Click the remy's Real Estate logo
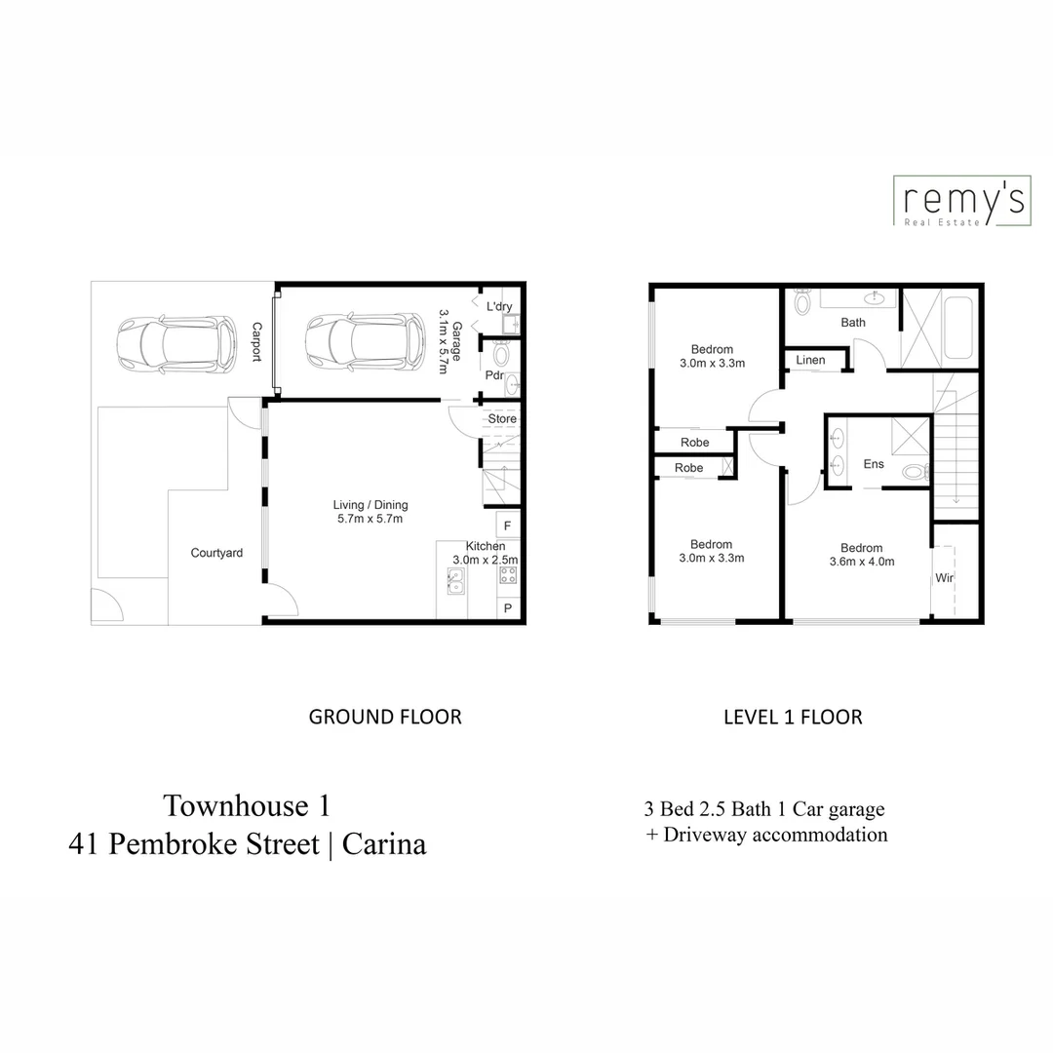[960, 203]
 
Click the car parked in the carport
[176, 342]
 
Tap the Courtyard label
[216, 553]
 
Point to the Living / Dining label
[370, 505]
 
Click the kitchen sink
[455, 582]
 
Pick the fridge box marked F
[508, 526]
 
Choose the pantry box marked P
[508, 608]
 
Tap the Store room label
[502, 419]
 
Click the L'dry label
[499, 307]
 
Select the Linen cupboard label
[810, 360]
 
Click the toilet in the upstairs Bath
[802, 303]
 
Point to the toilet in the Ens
[914, 473]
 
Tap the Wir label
[944, 578]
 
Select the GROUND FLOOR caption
[385, 717]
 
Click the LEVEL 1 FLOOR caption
[793, 717]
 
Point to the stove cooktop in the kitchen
[508, 574]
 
